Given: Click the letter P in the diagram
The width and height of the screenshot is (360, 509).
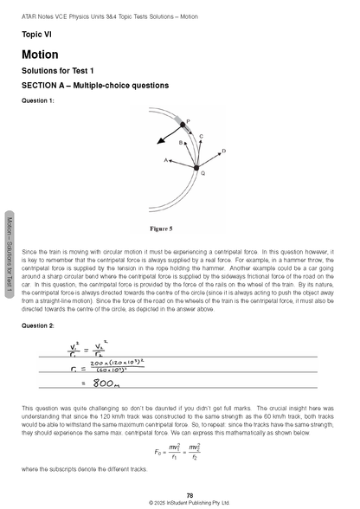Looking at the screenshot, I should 189,121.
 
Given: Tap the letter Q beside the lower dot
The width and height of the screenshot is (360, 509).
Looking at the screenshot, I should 202,173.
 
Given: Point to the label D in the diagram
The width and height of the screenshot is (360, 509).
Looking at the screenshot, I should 224,151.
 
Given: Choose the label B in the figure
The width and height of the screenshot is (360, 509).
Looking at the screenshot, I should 181,142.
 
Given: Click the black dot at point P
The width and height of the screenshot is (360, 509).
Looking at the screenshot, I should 183,126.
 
